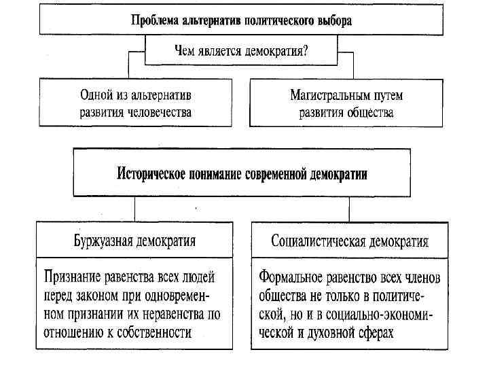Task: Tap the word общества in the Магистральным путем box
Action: pos(369,112)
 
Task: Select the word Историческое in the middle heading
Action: pos(153,174)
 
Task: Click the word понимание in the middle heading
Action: pos(218,174)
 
